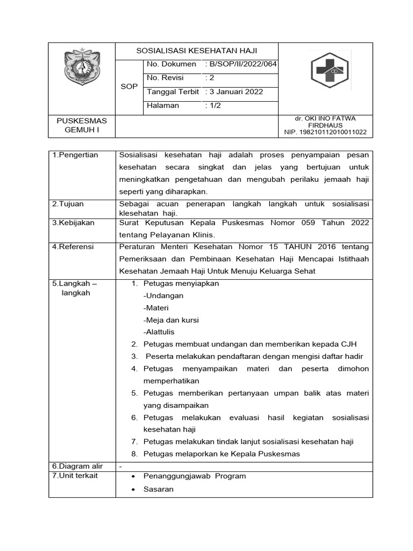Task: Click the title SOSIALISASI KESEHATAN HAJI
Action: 197,51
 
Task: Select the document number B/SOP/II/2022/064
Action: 241,65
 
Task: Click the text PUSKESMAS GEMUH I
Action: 82,125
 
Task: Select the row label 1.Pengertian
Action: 75,156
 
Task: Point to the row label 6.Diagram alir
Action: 77,466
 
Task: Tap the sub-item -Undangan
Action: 163,296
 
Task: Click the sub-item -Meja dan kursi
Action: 171,320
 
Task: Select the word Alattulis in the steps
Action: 160,332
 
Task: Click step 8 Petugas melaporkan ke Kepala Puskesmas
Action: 221,454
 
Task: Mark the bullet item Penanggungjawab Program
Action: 195,476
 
